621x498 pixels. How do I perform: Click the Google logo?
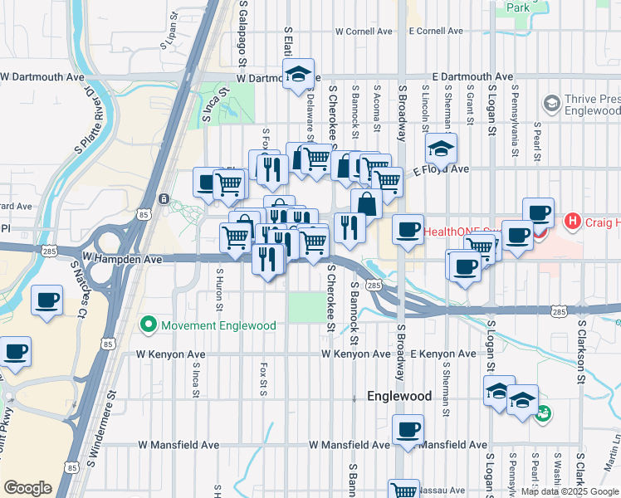(x=27, y=488)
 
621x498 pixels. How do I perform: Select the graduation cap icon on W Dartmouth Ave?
(x=298, y=74)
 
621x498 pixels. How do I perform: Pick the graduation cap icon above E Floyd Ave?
(x=441, y=149)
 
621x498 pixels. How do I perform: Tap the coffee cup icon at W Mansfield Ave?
(x=408, y=430)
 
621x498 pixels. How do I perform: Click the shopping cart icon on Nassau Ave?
(x=403, y=491)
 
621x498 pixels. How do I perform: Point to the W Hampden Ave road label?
(x=122, y=259)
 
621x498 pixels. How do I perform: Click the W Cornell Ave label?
(x=364, y=31)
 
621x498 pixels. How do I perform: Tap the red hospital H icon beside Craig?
(x=572, y=222)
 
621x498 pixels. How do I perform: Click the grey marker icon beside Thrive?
(x=550, y=104)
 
